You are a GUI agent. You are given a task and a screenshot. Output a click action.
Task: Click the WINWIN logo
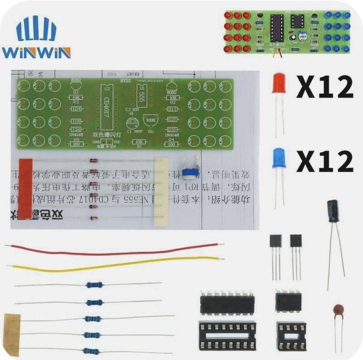36,38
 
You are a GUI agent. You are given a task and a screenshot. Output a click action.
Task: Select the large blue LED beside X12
279,158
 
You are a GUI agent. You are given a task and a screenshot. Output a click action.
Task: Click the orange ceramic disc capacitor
338,310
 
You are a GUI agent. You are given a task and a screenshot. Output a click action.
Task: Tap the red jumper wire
113,249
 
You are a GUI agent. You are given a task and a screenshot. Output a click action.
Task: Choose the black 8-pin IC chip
288,301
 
